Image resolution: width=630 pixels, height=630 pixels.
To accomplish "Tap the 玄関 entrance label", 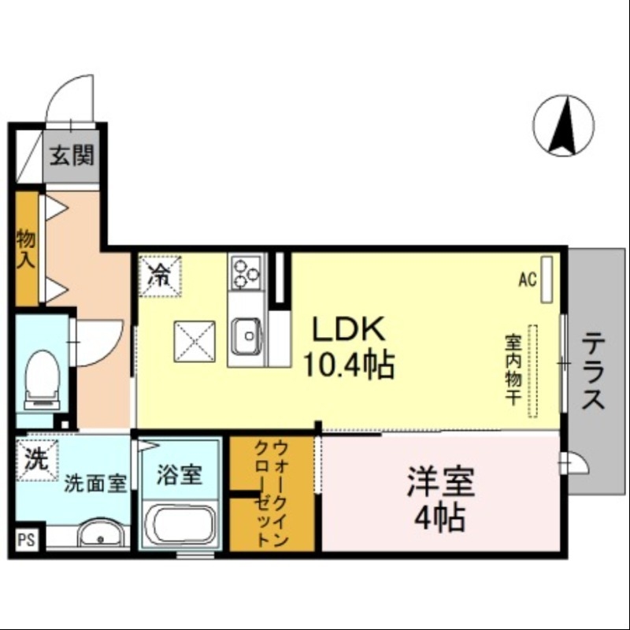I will click(x=72, y=155).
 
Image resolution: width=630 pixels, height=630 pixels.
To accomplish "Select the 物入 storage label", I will click(x=26, y=249).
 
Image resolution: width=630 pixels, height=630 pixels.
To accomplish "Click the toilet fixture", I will click(x=40, y=379).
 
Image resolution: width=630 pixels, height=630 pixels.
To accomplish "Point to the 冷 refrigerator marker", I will click(x=160, y=275).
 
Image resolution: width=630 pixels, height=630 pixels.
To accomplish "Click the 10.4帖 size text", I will click(x=350, y=365).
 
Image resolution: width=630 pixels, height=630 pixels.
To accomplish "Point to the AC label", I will click(x=528, y=279).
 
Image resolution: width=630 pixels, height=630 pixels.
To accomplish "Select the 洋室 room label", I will click(x=440, y=483).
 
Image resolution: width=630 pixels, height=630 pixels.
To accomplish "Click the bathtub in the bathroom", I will click(x=180, y=526).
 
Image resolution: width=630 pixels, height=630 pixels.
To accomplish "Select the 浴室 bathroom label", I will click(x=180, y=476).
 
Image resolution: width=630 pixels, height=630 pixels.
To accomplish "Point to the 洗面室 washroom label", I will click(x=95, y=482).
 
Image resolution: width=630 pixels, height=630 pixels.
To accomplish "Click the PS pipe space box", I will click(x=26, y=540).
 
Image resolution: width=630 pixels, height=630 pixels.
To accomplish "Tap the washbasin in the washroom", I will click(x=100, y=536).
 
